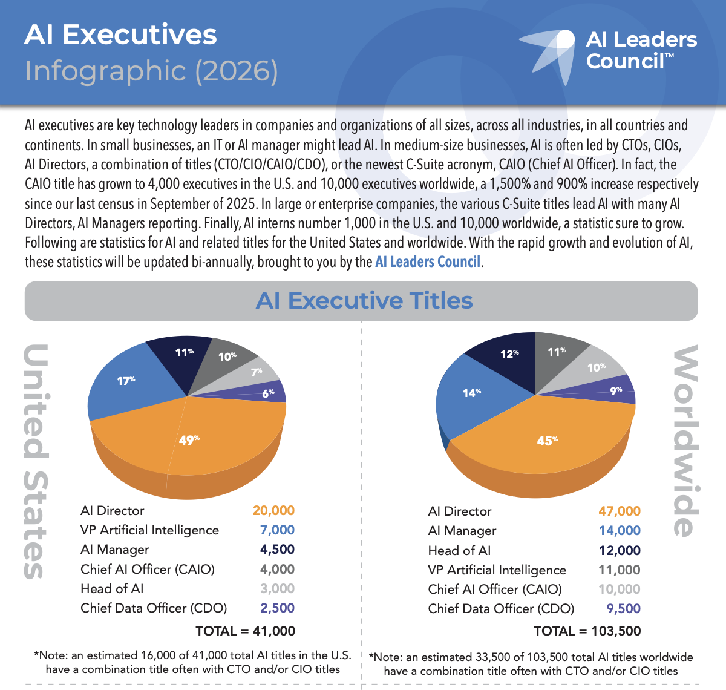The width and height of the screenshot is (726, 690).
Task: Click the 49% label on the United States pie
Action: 189,440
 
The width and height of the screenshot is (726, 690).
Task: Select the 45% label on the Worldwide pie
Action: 547,441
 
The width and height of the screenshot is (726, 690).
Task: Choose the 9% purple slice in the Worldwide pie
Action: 615,390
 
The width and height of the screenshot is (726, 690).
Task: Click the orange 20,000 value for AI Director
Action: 273,511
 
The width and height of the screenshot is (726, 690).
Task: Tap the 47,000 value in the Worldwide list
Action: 619,511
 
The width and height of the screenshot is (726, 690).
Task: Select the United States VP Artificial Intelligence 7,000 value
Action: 277,530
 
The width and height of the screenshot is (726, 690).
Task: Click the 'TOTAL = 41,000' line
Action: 245,631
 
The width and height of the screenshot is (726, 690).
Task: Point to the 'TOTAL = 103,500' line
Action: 587,631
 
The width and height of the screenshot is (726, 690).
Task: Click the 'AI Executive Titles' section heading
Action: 364,301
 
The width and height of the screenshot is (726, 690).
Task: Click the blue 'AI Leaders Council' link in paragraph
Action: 428,262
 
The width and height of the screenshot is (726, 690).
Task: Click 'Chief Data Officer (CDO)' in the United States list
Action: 154,608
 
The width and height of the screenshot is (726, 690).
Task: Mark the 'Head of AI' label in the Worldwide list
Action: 459,551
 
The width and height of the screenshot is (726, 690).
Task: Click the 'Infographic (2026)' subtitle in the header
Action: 151,71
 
